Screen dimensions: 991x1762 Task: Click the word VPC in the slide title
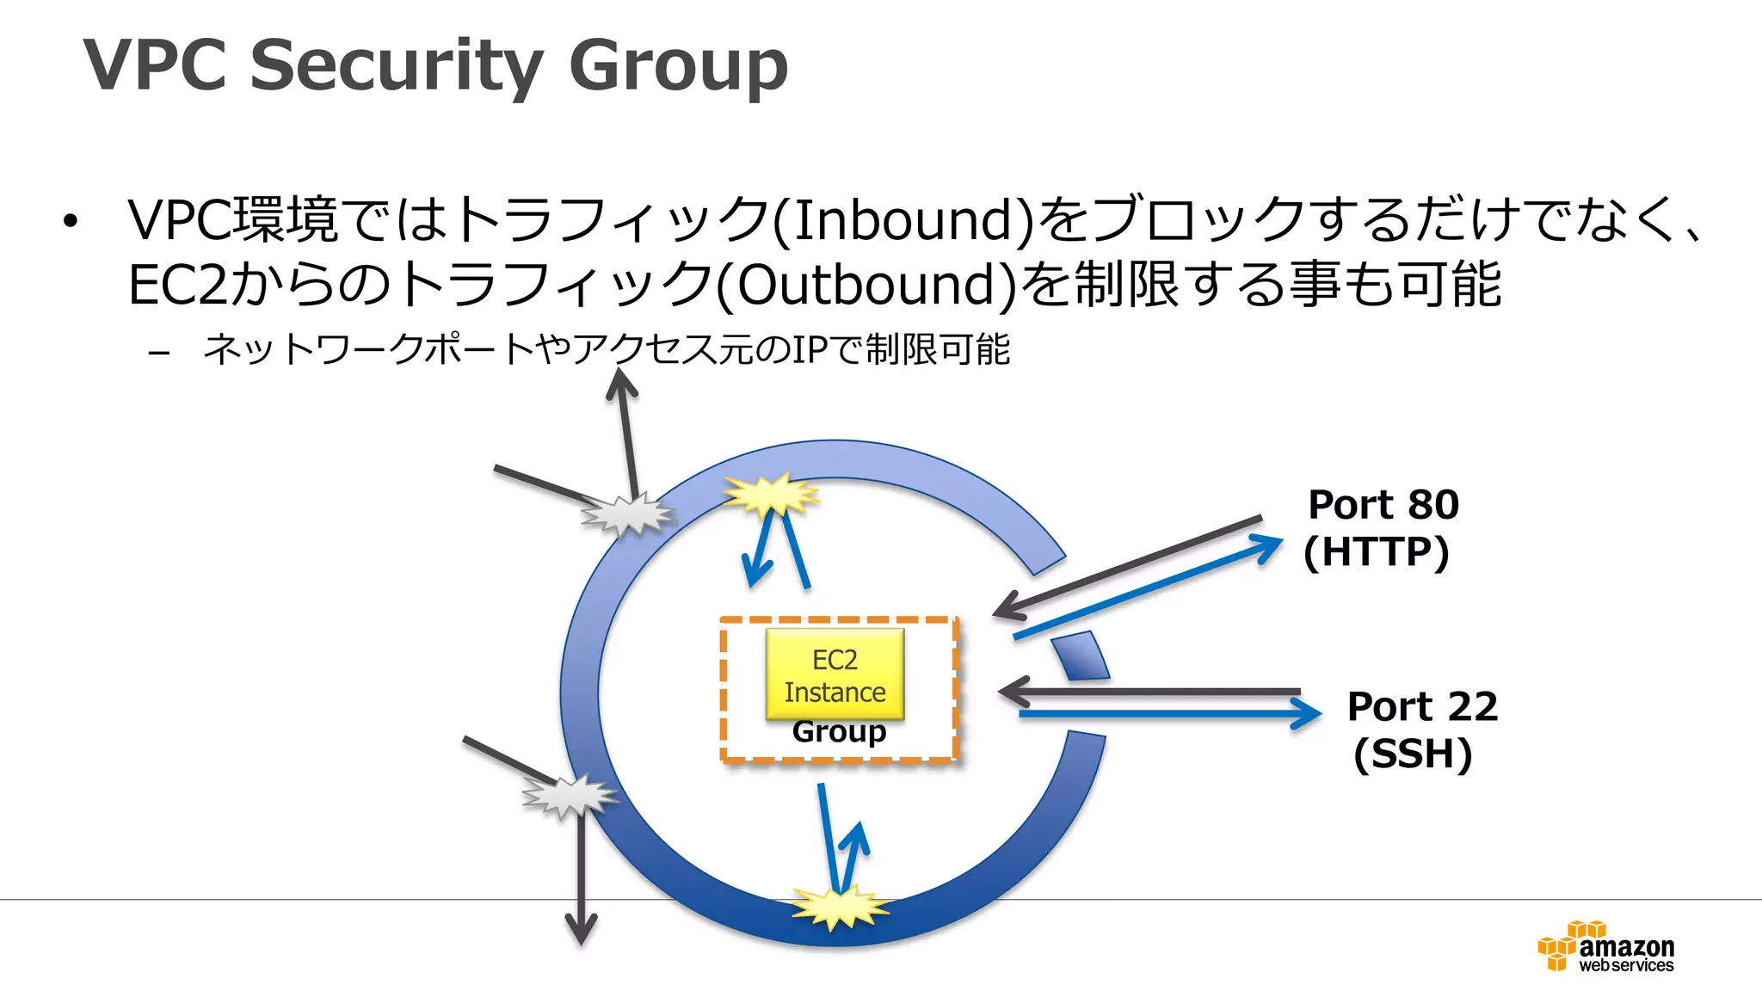[x=155, y=65]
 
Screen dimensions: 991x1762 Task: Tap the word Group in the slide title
[x=678, y=65]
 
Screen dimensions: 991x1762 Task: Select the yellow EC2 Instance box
[x=835, y=675]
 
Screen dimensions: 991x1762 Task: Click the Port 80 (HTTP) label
[x=1381, y=527]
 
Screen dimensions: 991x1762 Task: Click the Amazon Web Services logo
[x=1606, y=947]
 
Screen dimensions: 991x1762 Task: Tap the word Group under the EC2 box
[x=839, y=731]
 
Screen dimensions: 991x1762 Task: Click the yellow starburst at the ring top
[x=772, y=495]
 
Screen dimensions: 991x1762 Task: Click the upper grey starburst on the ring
[x=628, y=514]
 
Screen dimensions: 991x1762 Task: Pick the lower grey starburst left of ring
[x=569, y=795]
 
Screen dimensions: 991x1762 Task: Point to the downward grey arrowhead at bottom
[x=582, y=929]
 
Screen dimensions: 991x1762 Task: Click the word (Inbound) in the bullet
[x=903, y=219]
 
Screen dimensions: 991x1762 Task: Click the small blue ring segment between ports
[x=1081, y=656]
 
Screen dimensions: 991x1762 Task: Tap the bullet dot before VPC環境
[x=71, y=222]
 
